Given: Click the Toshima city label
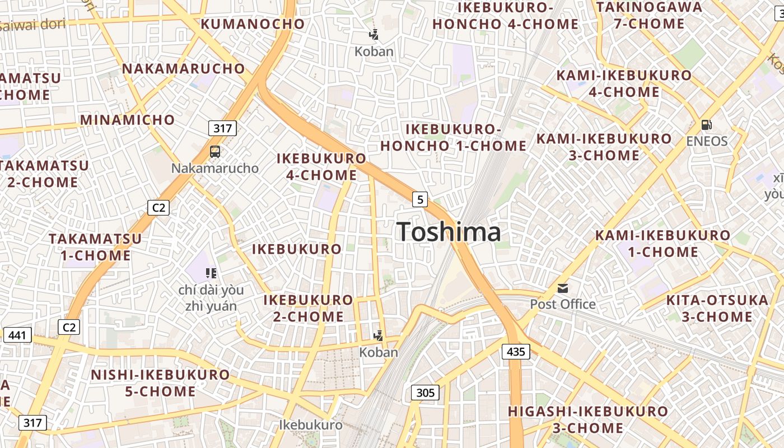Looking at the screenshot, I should (449, 232).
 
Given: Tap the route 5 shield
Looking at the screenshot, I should (420, 199).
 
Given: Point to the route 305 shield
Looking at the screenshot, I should (425, 393).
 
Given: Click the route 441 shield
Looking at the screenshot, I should (17, 335).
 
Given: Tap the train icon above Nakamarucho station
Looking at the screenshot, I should (215, 151).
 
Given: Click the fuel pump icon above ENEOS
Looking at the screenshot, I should (707, 125).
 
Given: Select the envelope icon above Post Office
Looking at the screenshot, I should (563, 288).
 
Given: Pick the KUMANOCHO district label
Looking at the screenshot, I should (253, 24).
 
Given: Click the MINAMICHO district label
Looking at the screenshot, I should (128, 120).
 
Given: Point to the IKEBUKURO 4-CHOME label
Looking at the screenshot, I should (321, 167).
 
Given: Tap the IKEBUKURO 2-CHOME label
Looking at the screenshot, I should (309, 308).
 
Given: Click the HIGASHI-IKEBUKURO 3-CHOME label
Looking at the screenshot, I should (588, 419).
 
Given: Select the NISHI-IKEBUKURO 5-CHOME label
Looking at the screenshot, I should (161, 383).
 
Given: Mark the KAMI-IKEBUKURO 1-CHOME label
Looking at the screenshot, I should (663, 244).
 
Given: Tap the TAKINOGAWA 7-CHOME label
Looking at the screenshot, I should (649, 16).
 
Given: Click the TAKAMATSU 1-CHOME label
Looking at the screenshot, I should (95, 247).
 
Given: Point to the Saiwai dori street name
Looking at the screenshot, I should (33, 25).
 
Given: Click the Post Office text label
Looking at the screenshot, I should (563, 305).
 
